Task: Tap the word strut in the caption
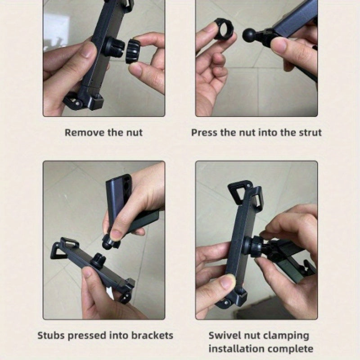(310, 133)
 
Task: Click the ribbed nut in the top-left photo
(133, 50)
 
